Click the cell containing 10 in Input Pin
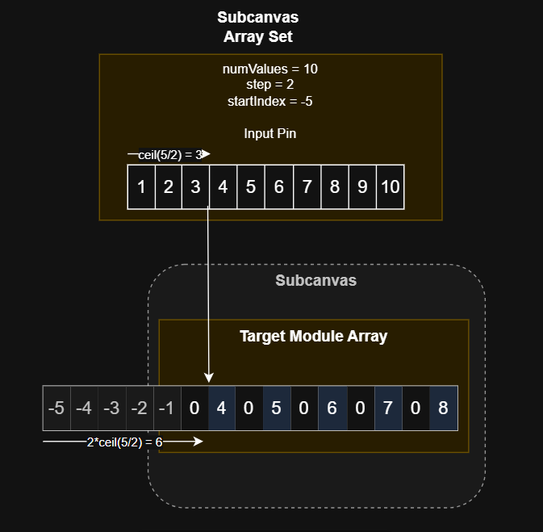point(391,187)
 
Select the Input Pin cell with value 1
point(141,187)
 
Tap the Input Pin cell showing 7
point(307,187)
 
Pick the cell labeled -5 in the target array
point(56,408)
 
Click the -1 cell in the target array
point(166,408)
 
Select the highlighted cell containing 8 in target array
point(443,408)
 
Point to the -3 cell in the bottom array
point(111,408)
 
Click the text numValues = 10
point(270,69)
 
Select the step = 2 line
point(270,85)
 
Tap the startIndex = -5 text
point(270,101)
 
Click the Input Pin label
point(270,133)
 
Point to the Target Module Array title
point(314,337)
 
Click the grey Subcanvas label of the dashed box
point(315,281)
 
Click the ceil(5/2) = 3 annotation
point(170,154)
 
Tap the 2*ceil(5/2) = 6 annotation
point(124,442)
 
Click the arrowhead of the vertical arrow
point(209,377)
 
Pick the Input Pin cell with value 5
point(252,187)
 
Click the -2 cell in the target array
point(139,408)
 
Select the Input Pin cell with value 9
point(362,187)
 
